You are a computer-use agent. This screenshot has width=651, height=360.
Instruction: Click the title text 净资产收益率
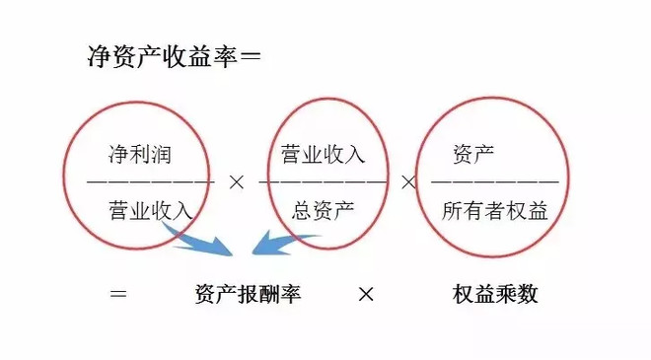pos(163,57)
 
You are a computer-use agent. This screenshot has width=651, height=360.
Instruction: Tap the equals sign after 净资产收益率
pos(251,57)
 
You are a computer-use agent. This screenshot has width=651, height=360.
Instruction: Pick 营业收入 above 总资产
pos(323,154)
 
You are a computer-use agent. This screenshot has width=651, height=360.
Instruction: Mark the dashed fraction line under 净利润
pos(150,182)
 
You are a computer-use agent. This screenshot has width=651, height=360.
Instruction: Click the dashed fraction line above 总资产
pos(323,182)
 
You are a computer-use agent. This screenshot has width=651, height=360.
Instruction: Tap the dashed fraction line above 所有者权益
pos(494,182)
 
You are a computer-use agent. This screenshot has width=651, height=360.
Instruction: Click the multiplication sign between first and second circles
pos(236,182)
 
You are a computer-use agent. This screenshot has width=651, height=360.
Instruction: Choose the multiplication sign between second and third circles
pos(407,182)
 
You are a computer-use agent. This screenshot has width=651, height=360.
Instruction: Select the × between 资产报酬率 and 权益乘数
pos(365,295)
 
